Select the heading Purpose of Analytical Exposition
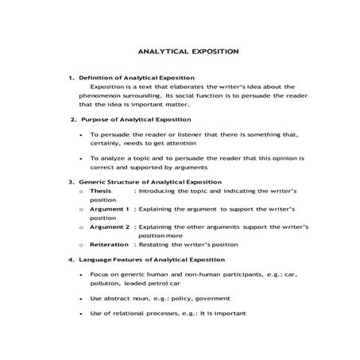pyautogui.click(x=137, y=119)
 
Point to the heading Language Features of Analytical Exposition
pyautogui.click(x=151, y=259)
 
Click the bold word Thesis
pyautogui.click(x=100, y=192)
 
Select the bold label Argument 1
pyautogui.click(x=109, y=208)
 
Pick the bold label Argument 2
pyautogui.click(x=109, y=226)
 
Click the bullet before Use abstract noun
pyautogui.click(x=82, y=298)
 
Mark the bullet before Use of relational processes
pyautogui.click(x=82, y=313)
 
